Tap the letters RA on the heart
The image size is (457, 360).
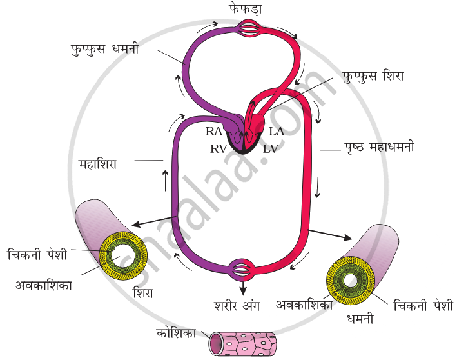[214, 132]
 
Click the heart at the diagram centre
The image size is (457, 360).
[246, 132]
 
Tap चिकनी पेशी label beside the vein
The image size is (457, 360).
[37, 253]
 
